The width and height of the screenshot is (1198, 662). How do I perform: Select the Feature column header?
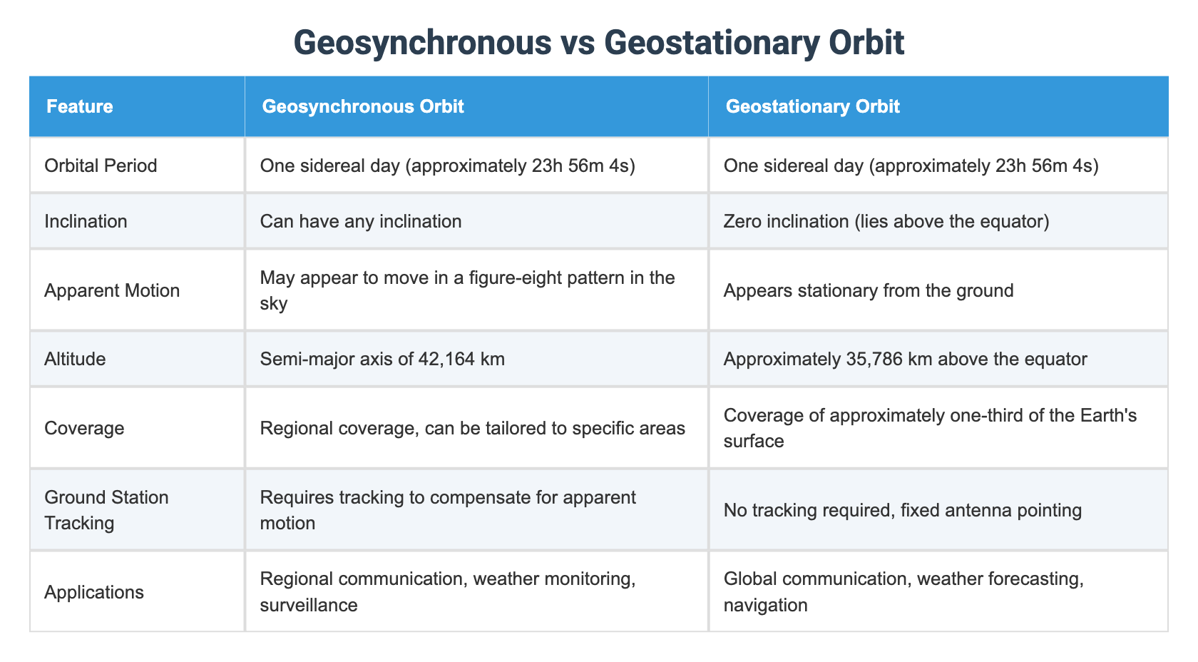(x=80, y=107)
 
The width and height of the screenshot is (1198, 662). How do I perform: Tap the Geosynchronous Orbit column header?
(x=363, y=107)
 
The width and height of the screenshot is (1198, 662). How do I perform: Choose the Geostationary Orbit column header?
(x=812, y=107)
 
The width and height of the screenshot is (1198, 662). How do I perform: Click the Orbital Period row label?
(x=101, y=165)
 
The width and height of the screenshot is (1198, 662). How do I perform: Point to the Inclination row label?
(x=86, y=221)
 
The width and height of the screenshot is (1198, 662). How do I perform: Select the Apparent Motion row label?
(x=112, y=290)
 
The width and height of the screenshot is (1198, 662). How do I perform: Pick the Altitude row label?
(x=75, y=359)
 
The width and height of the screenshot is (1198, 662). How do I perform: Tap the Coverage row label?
(x=84, y=428)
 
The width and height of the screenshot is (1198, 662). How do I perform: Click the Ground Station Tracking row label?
(x=106, y=509)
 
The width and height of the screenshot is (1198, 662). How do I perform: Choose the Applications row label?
(x=94, y=592)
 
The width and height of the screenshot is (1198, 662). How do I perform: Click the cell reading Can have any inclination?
(x=361, y=221)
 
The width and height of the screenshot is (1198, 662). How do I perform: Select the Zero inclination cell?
(x=886, y=221)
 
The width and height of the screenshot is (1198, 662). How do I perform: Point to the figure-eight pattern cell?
(x=467, y=290)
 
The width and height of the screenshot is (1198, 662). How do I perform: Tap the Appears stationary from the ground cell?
(x=868, y=290)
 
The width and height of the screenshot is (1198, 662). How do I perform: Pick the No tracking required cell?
(x=902, y=510)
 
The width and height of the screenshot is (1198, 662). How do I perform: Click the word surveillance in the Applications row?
(x=309, y=606)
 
